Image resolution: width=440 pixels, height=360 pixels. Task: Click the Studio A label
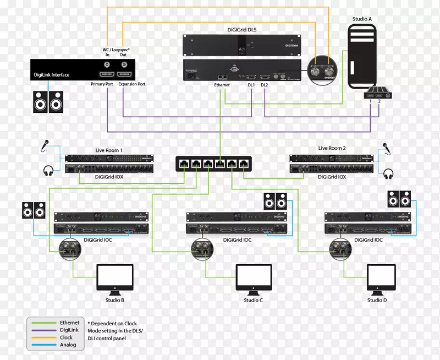coord(362,19)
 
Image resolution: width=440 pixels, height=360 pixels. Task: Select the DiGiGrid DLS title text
coord(242,30)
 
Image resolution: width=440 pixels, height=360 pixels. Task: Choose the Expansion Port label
coord(132,85)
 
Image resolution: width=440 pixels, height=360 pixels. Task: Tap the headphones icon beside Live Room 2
coord(388,173)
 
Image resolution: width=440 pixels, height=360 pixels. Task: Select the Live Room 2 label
coord(332,148)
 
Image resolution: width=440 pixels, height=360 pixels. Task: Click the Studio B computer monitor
coord(115,278)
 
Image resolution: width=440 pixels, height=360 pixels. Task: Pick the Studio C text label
coord(254,300)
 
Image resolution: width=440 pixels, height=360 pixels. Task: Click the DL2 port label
coord(265,85)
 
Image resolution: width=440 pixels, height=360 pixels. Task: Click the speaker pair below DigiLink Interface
coord(48,102)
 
